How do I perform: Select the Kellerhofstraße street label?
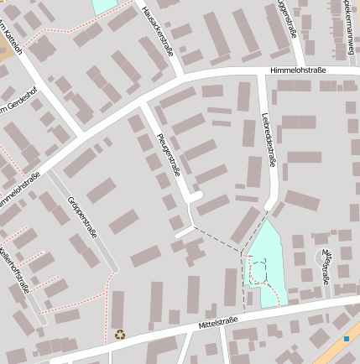(x=14, y=268)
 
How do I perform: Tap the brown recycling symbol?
(x=119, y=334)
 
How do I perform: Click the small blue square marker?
(x=346, y=338)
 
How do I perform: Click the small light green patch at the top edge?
(x=105, y=5)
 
